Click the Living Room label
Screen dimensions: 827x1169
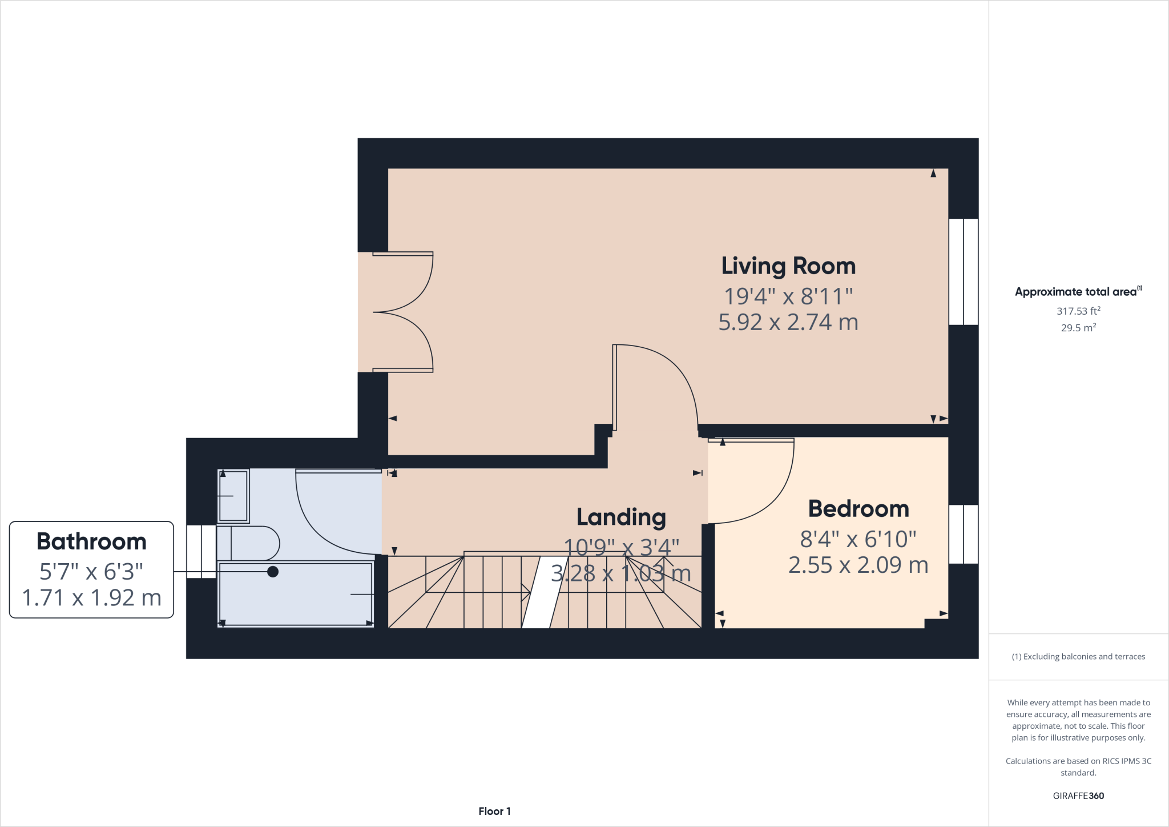tap(788, 266)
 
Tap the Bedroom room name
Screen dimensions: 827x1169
tap(858, 509)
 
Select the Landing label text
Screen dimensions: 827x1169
tap(621, 517)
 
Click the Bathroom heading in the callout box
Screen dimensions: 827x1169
tap(91, 541)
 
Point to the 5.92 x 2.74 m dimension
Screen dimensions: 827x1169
tap(788, 323)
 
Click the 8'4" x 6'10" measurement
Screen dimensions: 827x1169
tap(858, 539)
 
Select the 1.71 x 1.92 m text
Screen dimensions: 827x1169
tap(91, 598)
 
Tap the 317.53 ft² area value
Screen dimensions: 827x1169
tap(1078, 311)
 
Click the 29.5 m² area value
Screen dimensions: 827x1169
tap(1078, 328)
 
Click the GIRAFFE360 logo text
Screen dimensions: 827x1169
tap(1078, 796)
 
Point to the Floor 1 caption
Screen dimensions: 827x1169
tap(494, 811)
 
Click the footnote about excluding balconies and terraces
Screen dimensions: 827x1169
tap(1078, 657)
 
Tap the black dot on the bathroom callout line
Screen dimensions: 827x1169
tap(273, 572)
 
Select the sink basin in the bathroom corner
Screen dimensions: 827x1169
tap(233, 496)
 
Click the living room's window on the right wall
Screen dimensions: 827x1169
tap(964, 272)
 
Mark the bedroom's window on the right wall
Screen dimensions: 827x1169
tap(964, 534)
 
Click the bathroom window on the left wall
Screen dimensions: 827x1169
tap(201, 551)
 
